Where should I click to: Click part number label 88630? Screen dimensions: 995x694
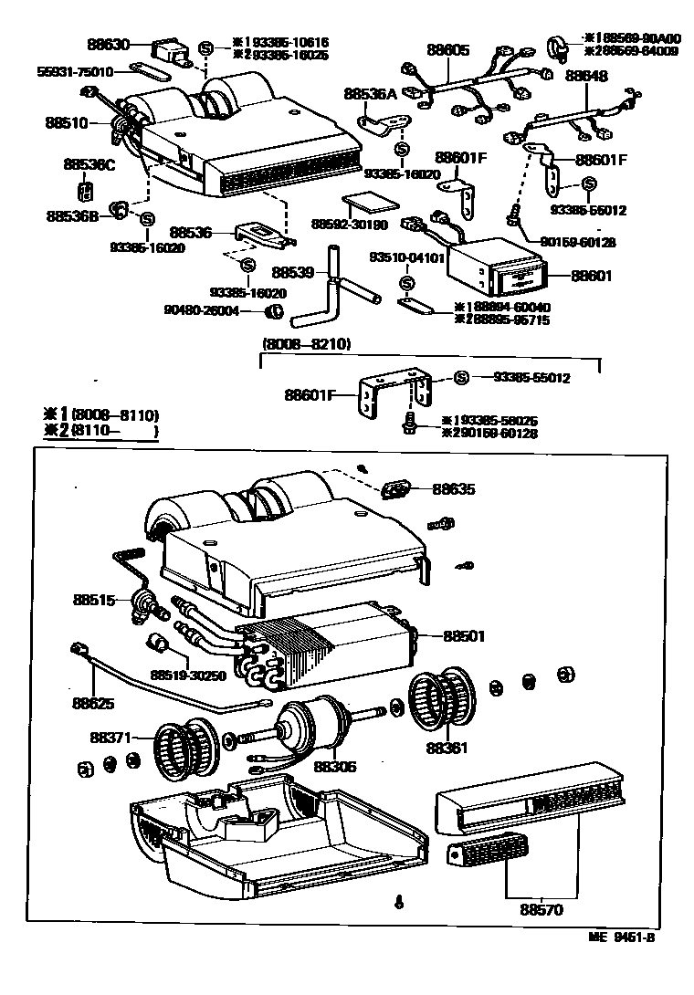[x=110, y=44]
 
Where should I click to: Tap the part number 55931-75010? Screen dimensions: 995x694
[x=75, y=71]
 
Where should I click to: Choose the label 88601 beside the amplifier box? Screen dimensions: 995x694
[x=592, y=276]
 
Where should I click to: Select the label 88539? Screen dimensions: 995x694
[x=293, y=273]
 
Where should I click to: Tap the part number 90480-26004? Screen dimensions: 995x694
[x=202, y=311]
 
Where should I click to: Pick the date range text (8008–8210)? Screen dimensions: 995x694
[x=306, y=345]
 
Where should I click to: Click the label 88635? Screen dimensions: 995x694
[x=453, y=490]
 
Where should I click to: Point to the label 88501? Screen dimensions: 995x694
[x=465, y=635]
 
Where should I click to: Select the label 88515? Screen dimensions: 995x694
[x=95, y=600]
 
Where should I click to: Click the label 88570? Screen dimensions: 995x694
[x=542, y=909]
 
